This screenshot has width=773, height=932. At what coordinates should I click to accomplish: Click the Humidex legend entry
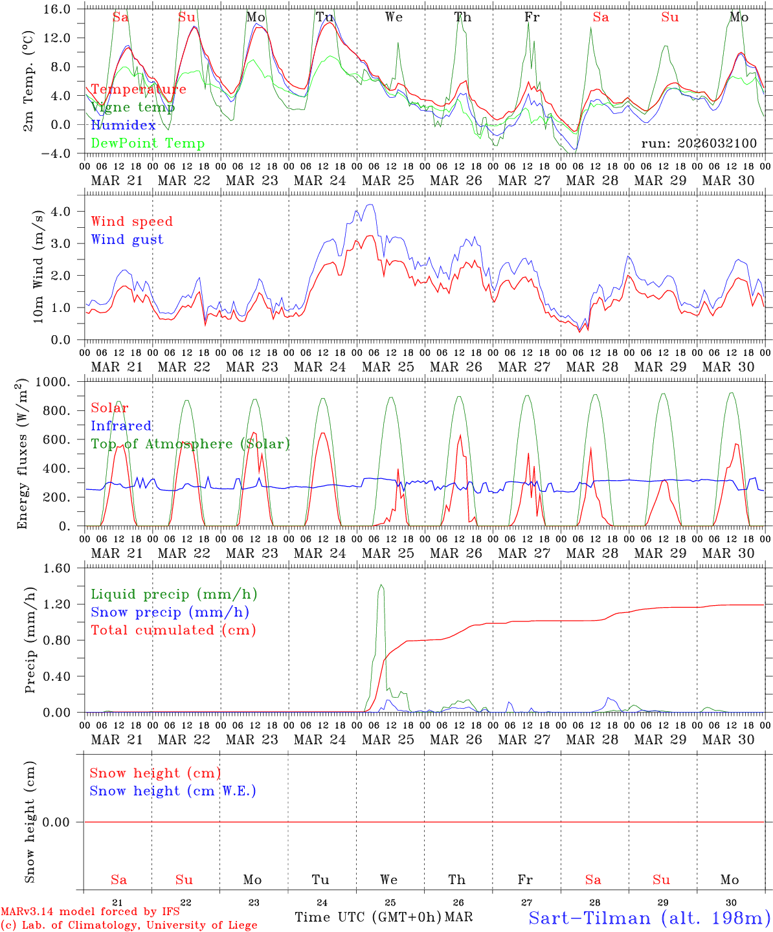point(123,126)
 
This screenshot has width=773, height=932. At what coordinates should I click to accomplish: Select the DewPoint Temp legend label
point(148,144)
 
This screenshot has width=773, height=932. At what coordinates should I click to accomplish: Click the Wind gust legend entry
point(127,239)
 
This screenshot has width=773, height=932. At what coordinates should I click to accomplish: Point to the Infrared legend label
point(121,426)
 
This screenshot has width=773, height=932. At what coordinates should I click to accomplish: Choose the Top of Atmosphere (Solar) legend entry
point(190,444)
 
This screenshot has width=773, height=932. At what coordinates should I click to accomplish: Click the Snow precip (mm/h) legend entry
point(170,612)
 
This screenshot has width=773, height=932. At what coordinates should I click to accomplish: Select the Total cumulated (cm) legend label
point(173,630)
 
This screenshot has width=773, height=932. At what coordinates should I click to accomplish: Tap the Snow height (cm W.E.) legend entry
point(173,791)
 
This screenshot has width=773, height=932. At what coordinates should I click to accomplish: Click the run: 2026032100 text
point(699,144)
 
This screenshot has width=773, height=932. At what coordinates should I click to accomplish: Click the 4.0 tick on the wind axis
point(69,212)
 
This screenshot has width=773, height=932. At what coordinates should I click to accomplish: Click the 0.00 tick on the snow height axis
point(65,822)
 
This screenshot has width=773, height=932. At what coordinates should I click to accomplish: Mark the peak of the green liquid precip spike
point(381,585)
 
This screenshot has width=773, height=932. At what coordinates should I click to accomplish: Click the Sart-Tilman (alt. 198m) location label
point(649,918)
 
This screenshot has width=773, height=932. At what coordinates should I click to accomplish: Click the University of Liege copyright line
point(129,925)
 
